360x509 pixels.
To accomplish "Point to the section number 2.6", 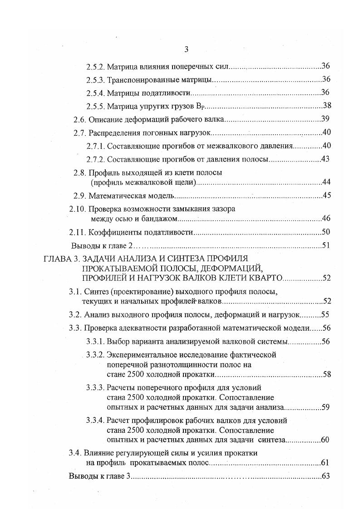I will [x=79, y=119].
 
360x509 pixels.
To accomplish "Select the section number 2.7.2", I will [x=95, y=159].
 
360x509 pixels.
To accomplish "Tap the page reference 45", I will [x=325, y=196].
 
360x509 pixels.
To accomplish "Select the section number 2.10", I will [x=77, y=210].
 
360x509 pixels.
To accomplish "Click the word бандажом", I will [x=163, y=219].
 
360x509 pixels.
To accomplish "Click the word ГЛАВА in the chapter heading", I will [x=57, y=259].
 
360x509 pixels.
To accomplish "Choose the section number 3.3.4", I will [x=95, y=421].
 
